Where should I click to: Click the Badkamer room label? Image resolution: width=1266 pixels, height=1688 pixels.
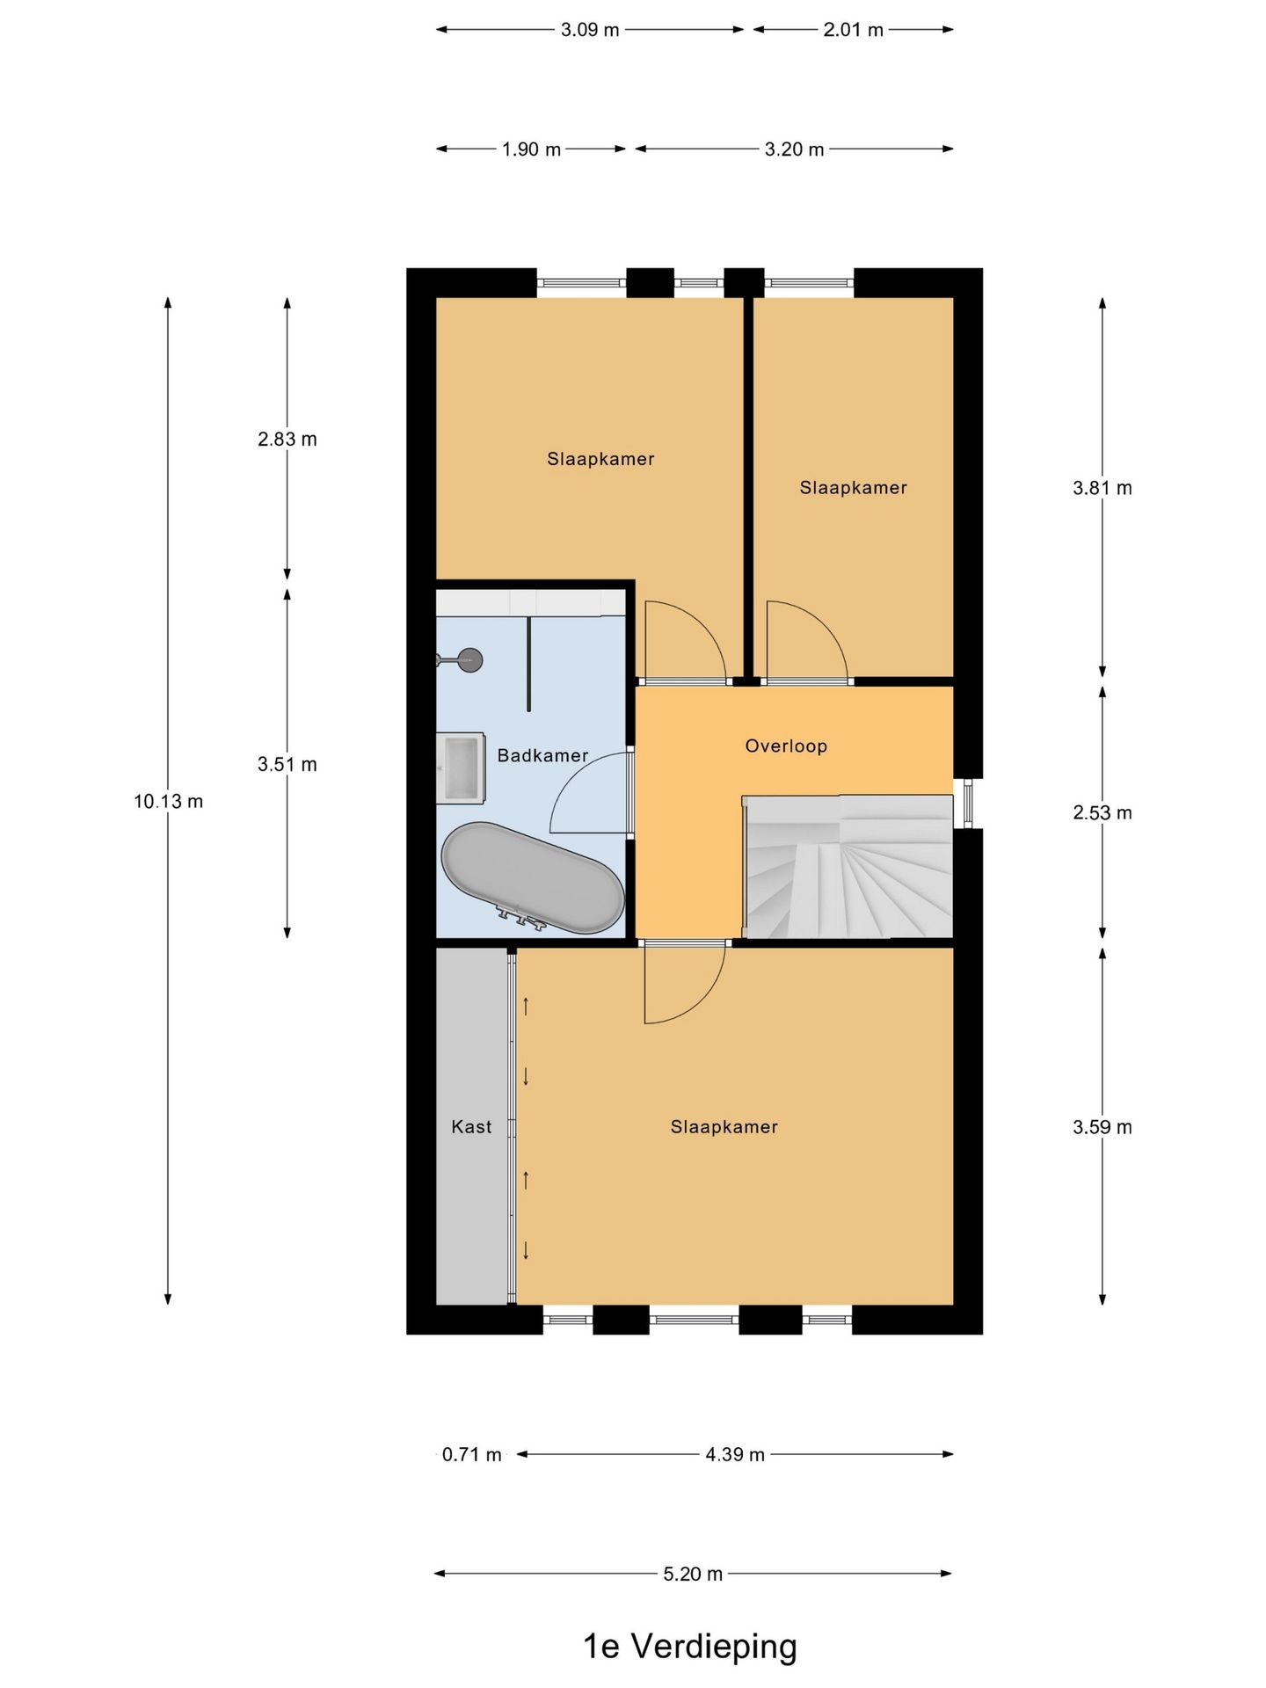pos(542,755)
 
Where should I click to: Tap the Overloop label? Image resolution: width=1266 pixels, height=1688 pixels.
pos(786,746)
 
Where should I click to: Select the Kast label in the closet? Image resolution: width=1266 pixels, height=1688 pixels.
pos(471,1127)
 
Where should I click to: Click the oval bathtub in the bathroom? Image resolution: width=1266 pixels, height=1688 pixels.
pos(533,877)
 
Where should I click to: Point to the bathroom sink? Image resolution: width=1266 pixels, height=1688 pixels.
pos(461,768)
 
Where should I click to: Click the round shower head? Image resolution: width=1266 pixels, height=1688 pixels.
pos(471,659)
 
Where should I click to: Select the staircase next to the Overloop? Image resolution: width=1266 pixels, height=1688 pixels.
pos(848,867)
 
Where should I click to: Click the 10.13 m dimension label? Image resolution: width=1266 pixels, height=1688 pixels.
pos(168,802)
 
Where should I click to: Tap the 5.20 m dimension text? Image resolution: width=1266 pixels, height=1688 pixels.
pos(693,1574)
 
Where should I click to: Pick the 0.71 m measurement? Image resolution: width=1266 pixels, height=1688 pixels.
pos(471,1455)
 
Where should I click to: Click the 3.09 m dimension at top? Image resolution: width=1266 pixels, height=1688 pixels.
pos(590,30)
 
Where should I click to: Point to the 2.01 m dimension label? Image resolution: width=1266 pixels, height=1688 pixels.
pos(853,30)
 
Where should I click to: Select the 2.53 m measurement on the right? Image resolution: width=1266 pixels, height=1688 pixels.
pos(1102,813)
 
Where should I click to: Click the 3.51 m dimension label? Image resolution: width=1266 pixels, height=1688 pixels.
pos(287,765)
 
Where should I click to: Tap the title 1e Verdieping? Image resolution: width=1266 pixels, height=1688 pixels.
pos(690,1647)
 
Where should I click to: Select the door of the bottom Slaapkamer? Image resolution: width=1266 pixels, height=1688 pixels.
pos(685,982)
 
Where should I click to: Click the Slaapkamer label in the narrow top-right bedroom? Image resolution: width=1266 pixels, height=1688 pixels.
pos(853,488)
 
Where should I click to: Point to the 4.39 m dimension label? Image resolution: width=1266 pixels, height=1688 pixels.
pos(735,1455)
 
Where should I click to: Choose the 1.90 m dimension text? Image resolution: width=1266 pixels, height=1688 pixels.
pos(531,149)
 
